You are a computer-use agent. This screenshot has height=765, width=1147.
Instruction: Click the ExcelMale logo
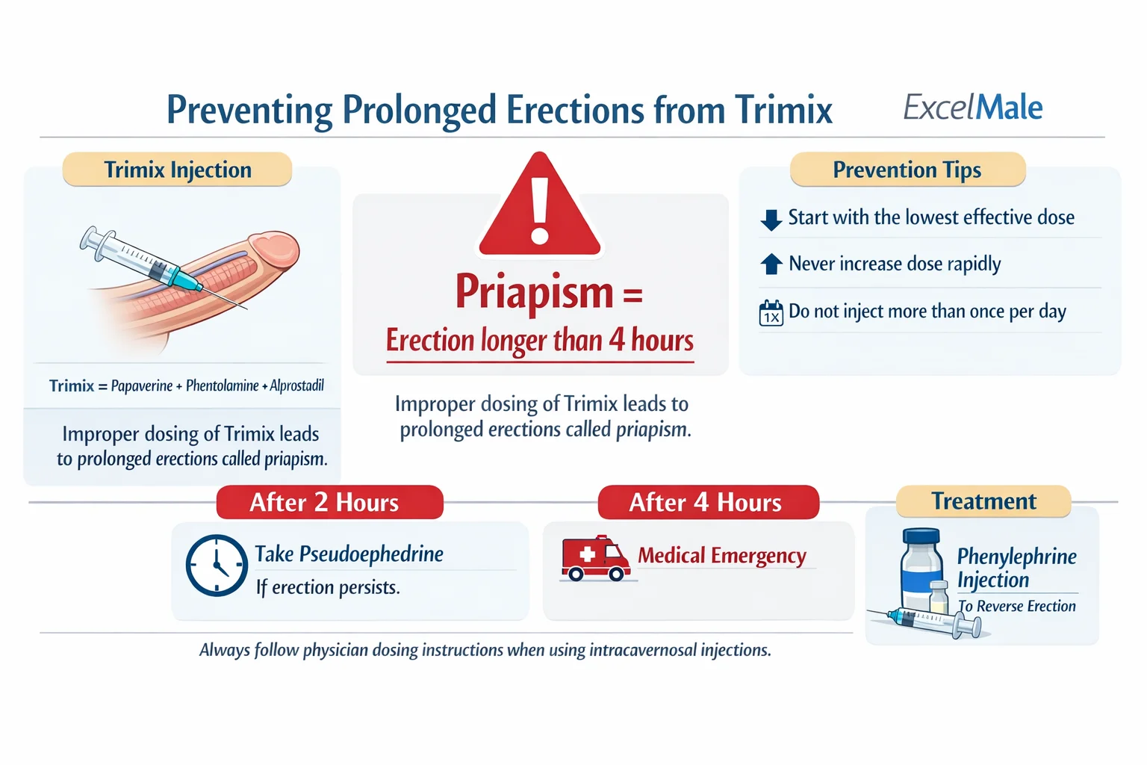click(972, 108)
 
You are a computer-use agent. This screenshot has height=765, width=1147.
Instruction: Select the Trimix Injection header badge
click(177, 170)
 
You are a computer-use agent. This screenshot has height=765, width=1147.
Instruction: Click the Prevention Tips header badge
click(907, 170)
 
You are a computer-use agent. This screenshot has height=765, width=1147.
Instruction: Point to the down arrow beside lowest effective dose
click(771, 219)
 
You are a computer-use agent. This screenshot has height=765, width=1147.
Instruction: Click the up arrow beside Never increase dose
click(771, 264)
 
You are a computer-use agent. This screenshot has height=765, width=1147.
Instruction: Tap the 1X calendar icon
click(771, 313)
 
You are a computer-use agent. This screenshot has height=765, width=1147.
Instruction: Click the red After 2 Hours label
click(329, 502)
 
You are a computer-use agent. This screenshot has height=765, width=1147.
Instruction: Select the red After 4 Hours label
click(707, 502)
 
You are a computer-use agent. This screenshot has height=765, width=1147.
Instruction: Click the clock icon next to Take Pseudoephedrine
click(216, 565)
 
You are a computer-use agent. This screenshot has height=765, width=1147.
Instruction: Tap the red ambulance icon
click(594, 559)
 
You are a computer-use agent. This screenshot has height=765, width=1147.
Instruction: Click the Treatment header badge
click(983, 501)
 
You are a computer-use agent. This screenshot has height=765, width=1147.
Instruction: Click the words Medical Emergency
click(721, 556)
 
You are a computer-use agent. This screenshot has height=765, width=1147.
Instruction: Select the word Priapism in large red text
click(534, 292)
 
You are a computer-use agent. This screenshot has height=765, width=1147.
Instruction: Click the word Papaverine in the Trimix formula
click(141, 386)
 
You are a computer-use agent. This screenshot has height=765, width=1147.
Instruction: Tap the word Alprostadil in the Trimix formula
click(296, 386)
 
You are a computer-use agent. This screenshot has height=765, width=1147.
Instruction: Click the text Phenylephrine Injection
click(1016, 568)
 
